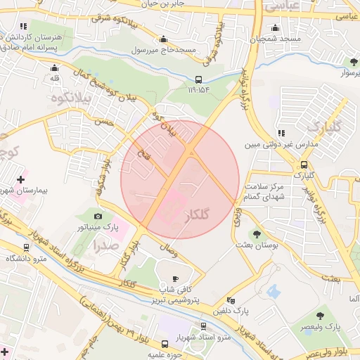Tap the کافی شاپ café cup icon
175,278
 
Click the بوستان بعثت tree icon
255,234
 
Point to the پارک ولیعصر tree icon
321,316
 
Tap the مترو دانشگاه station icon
27,248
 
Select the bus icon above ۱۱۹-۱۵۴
199,79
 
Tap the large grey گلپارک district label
324,127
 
